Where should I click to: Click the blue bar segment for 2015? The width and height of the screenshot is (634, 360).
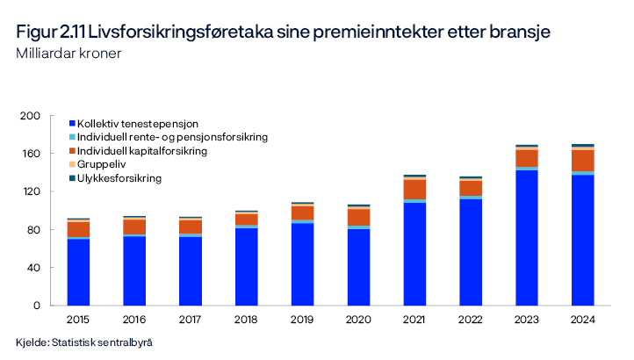tap(78, 272)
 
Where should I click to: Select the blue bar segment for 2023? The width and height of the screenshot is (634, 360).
tap(526, 238)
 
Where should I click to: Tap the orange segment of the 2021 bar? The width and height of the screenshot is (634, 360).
tap(414, 189)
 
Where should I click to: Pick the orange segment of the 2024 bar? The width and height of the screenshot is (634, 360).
tap(582, 160)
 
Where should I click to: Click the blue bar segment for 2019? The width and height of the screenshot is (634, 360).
tap(302, 264)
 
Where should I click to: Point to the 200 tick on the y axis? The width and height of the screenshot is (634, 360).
tap(32, 116)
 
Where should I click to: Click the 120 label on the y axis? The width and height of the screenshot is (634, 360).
tap(32, 191)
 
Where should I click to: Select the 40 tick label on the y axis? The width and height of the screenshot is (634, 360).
tap(34, 268)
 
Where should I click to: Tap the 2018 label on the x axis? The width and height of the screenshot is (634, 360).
tap(246, 319)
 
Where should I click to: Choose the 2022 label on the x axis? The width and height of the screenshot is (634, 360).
tap(470, 319)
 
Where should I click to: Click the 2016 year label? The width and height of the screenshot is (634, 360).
tap(133, 319)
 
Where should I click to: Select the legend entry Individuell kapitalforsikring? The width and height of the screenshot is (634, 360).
tap(142, 151)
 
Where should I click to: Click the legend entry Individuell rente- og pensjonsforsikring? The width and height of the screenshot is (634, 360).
tap(172, 137)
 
